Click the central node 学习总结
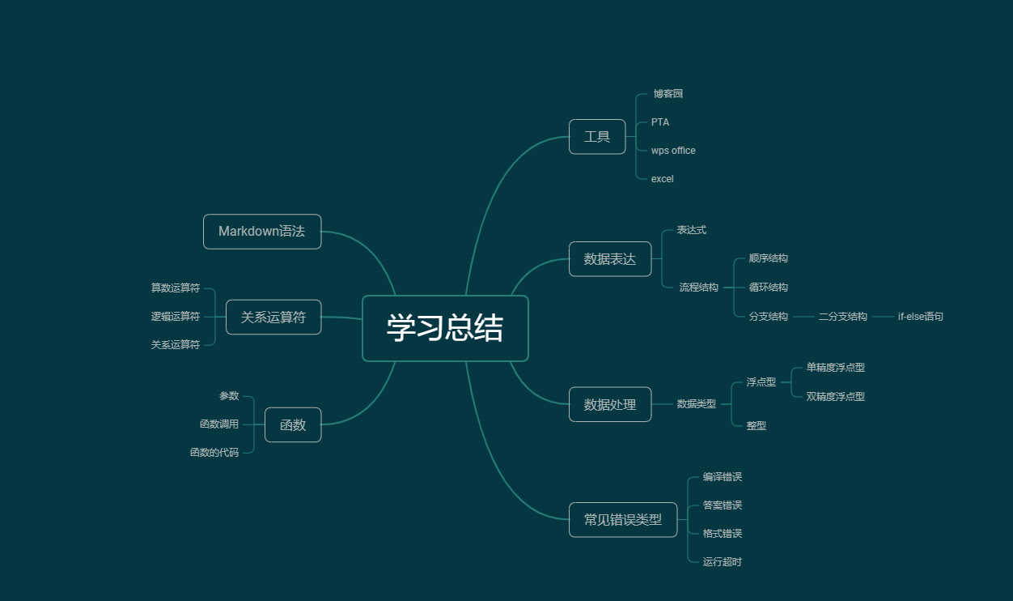(x=445, y=328)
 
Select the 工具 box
(x=597, y=137)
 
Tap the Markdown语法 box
(x=262, y=232)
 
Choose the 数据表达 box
(x=610, y=259)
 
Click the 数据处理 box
(x=610, y=404)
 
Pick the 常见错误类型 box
(x=623, y=519)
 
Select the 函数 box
(x=293, y=424)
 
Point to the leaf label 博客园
(x=668, y=94)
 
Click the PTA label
(x=659, y=122)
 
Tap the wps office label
(x=673, y=151)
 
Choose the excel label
(x=662, y=179)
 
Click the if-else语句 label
(x=920, y=317)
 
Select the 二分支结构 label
(x=842, y=317)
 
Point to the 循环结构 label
(x=768, y=287)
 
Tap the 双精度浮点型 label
(x=835, y=396)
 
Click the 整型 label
(x=757, y=425)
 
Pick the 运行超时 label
(x=723, y=561)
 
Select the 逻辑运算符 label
(x=175, y=317)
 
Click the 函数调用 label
(x=219, y=424)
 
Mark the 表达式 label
(x=691, y=230)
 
